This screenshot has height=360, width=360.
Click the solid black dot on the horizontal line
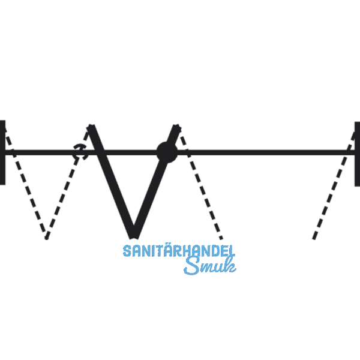coord(166,151)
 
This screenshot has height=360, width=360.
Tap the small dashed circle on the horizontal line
coord(80,151)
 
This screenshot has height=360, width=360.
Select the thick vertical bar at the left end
coord(2,152)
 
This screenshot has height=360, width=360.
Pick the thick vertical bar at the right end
coord(357,153)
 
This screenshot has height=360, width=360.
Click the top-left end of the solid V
coord(92,127)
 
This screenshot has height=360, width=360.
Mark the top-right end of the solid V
coord(178,127)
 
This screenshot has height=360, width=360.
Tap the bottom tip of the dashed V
coord(47,236)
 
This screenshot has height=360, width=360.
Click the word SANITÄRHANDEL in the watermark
coord(179,251)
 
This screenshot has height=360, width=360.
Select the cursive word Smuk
coord(209,266)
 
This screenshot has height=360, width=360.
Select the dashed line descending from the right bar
coord(333,192)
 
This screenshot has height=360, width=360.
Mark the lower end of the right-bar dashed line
coord(313,238)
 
